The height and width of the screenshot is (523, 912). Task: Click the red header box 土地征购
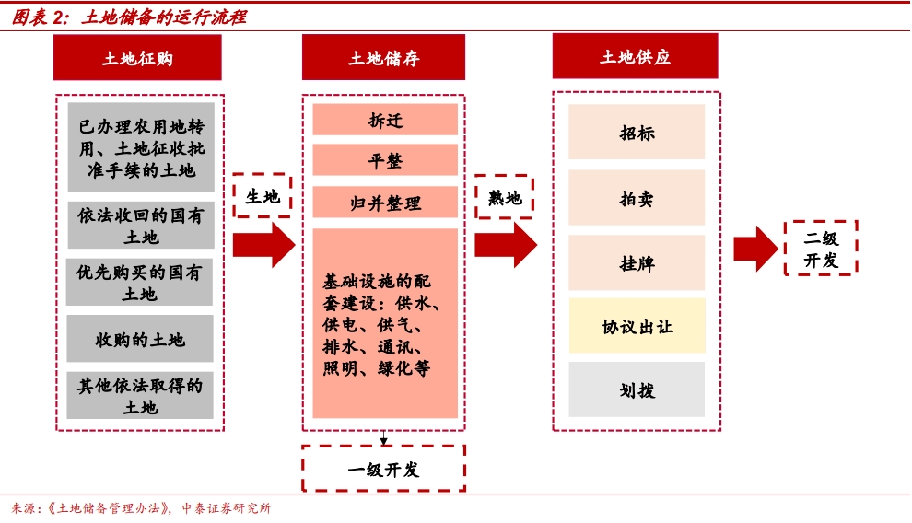pos(137,58)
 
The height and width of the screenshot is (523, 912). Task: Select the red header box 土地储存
pos(383,58)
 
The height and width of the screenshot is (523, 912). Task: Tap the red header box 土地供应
pos(636,56)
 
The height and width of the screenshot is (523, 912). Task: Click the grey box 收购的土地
pos(140,339)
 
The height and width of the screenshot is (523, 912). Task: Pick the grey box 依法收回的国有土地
pos(140,226)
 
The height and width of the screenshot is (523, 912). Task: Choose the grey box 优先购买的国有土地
pos(140,283)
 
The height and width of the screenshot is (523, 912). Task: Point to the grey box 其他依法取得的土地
pos(140,396)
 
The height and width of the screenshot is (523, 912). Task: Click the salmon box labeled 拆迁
pos(385,121)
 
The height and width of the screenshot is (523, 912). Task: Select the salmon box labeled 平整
pos(385,160)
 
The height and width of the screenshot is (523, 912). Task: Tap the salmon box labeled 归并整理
pos(385,203)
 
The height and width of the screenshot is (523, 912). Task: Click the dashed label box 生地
pos(263,196)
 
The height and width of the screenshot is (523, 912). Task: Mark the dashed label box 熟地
pos(504,197)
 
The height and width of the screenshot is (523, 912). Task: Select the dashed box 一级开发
pos(383,469)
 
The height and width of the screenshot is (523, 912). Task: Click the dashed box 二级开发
pos(821,248)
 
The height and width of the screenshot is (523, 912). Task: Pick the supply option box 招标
pos(637,132)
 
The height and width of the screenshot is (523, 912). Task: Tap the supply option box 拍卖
pos(637,198)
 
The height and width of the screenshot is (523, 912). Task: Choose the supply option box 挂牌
pos(637,263)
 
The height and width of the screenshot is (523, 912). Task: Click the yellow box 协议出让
pos(637,326)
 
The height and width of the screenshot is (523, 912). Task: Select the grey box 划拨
pos(637,389)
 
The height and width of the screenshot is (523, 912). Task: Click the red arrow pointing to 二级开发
pos(755,248)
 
